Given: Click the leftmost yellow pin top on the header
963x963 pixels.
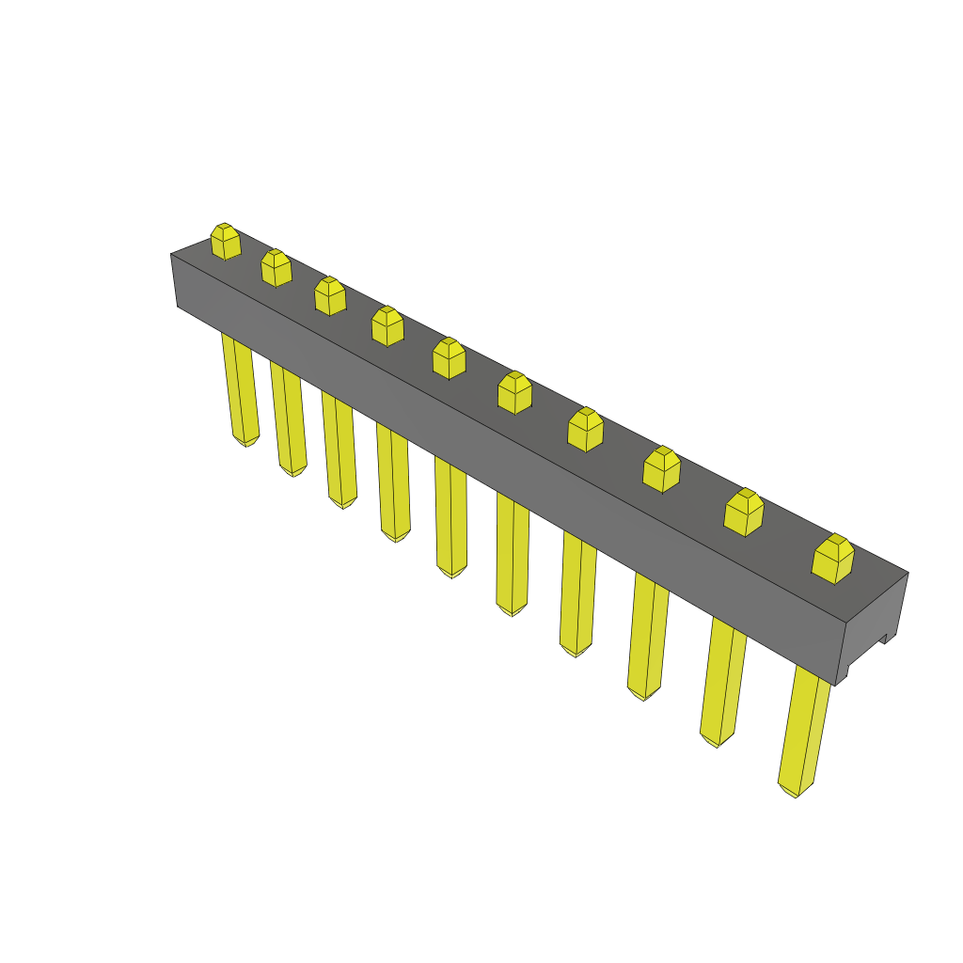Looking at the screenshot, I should click(225, 242).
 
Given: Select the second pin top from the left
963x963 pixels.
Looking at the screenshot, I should click(276, 268).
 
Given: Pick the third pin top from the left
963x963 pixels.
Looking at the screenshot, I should click(329, 296).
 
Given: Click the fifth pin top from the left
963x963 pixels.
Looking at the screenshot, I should click(449, 358).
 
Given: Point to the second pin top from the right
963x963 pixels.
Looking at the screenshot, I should click(743, 513).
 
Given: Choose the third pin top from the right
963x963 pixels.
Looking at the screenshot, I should click(661, 469).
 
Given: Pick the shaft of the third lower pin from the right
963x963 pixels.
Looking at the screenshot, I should click(648, 630).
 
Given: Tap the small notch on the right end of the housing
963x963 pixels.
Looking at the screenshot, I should click(883, 639).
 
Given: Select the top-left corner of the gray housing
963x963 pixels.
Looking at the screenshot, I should click(172, 255).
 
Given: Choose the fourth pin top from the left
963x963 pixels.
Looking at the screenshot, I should click(387, 325).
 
